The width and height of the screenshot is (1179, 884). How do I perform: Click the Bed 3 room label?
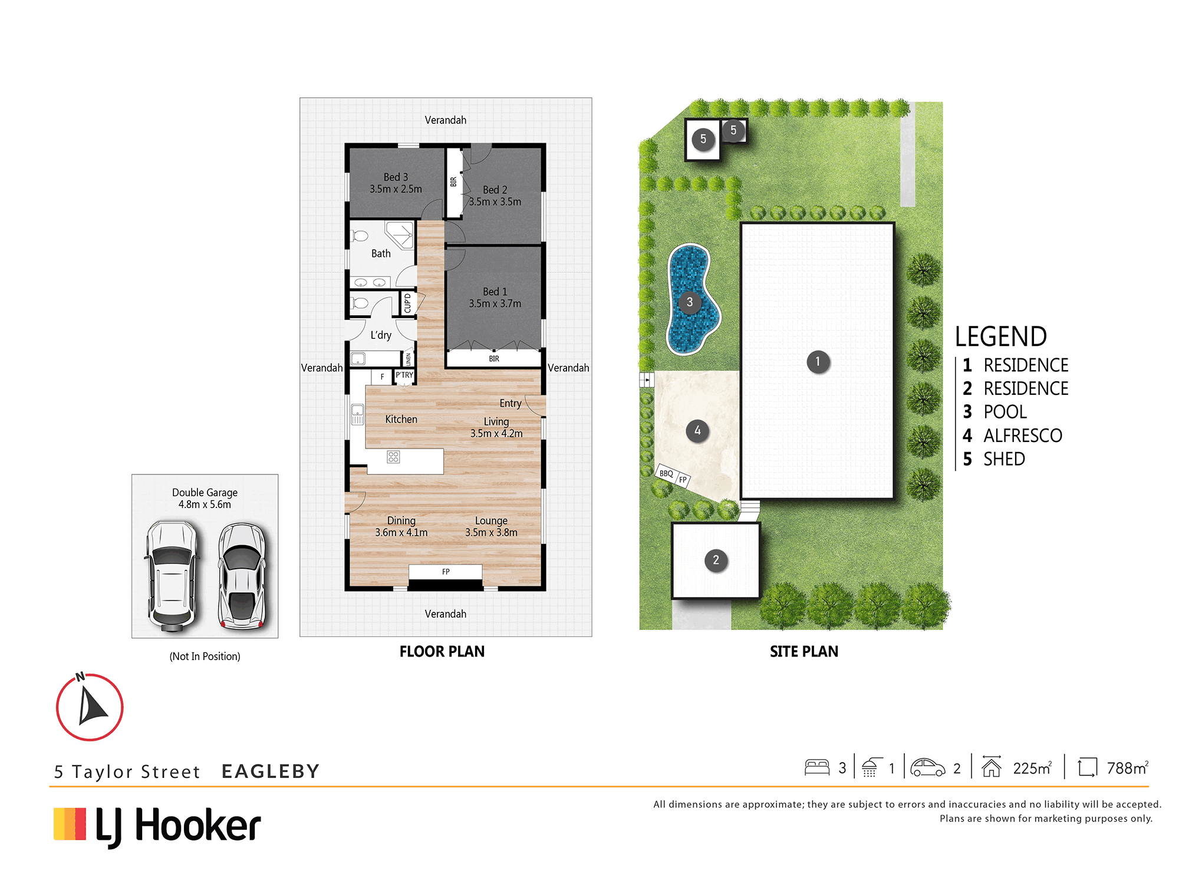[396, 177]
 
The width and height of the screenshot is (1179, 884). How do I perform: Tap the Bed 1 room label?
[495, 292]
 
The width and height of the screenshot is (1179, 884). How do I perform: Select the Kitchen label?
[401, 419]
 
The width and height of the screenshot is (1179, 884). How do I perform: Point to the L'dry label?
[381, 335]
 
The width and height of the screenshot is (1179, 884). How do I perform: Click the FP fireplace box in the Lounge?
[446, 572]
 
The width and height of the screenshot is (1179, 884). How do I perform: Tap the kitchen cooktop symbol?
[393, 457]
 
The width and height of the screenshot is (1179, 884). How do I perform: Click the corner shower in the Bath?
[400, 235]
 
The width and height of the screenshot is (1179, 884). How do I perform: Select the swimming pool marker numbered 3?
[690, 302]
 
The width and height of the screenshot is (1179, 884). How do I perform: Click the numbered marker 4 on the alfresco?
[697, 431]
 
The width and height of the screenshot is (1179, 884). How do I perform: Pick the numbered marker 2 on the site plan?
[716, 560]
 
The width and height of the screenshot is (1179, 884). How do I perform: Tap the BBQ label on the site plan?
[666, 473]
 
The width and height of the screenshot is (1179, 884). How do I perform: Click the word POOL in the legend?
[1005, 412]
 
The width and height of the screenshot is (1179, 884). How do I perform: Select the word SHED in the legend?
[1004, 459]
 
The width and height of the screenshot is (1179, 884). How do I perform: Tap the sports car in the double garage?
[242, 576]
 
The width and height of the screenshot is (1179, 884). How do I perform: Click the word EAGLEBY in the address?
[271, 771]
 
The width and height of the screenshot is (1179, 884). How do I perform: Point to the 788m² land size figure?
[1127, 768]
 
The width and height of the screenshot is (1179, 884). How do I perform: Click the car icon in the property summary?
[927, 767]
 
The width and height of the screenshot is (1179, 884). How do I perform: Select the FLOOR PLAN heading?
[442, 651]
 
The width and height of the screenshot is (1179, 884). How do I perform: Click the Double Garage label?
[205, 493]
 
